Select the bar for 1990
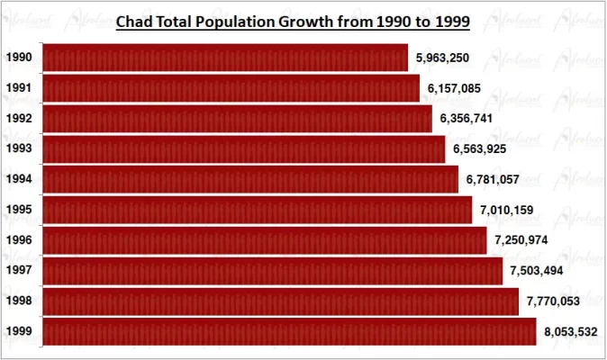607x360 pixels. pyautogui.click(x=225, y=58)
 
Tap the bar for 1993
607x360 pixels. pyautogui.click(x=244, y=148)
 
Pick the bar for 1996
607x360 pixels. pyautogui.click(x=265, y=240)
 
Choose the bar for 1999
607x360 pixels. pyautogui.click(x=289, y=331)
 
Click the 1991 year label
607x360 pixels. pyautogui.click(x=19, y=88)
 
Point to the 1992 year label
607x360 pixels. pyautogui.click(x=19, y=119)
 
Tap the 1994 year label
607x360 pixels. pyautogui.click(x=19, y=179)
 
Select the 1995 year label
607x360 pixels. pyautogui.click(x=19, y=210)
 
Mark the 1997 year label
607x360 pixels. pyautogui.click(x=19, y=271)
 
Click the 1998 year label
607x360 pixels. pyautogui.click(x=19, y=301)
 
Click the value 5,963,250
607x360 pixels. pyautogui.click(x=442, y=58)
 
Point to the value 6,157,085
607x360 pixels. pyautogui.click(x=454, y=88)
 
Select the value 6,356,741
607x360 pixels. pyautogui.click(x=467, y=119)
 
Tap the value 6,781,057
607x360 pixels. pyautogui.click(x=493, y=180)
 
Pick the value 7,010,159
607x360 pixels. pyautogui.click(x=507, y=211)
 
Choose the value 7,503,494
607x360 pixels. pyautogui.click(x=537, y=271)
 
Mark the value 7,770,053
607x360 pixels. pyautogui.click(x=553, y=301)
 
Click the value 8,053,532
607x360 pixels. pyautogui.click(x=571, y=332)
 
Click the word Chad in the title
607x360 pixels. pyautogui.click(x=136, y=19)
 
